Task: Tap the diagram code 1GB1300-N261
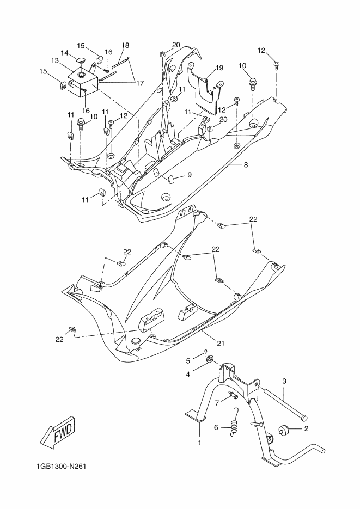click(61, 467)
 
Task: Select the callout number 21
click(221, 343)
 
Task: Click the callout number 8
click(246, 165)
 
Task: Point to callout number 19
click(219, 68)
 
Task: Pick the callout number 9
click(189, 175)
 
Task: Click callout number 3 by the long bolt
click(284, 381)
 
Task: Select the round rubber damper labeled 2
click(283, 430)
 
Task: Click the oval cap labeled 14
click(80, 59)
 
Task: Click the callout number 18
click(125, 45)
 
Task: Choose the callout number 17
click(139, 83)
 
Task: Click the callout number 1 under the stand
click(200, 443)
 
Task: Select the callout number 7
click(217, 403)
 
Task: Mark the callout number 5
click(188, 360)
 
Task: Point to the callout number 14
click(65, 53)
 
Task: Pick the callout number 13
click(54, 60)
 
